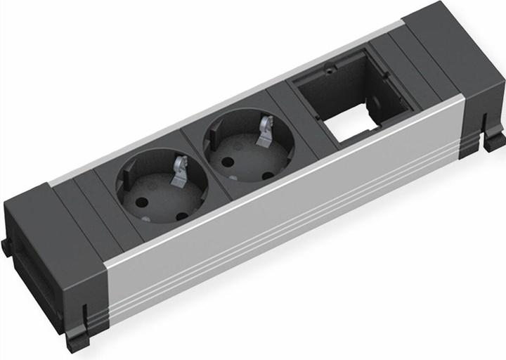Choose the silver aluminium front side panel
tap(281, 232)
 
